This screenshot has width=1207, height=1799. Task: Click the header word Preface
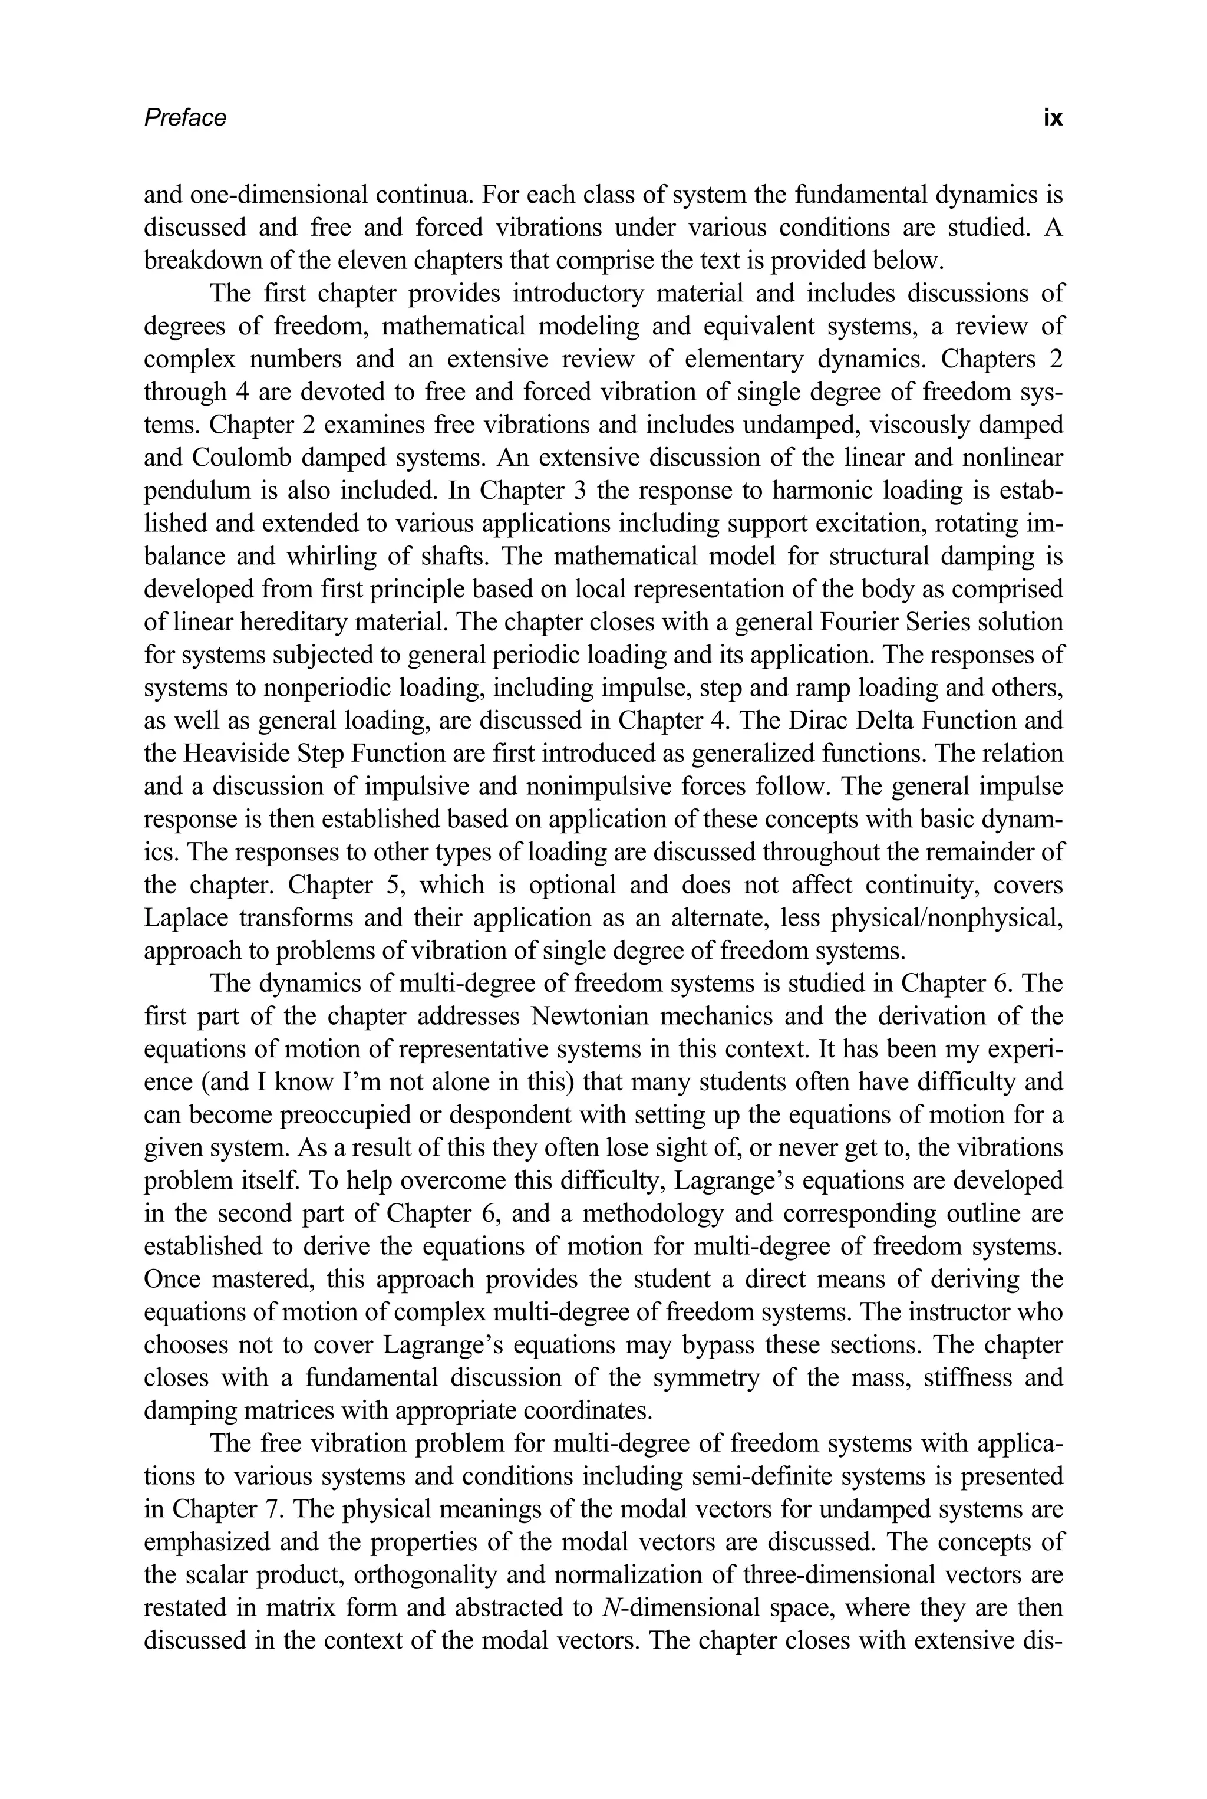tap(184, 118)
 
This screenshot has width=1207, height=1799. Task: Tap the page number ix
tap(1052, 118)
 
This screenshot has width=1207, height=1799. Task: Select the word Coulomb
tap(239, 458)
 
